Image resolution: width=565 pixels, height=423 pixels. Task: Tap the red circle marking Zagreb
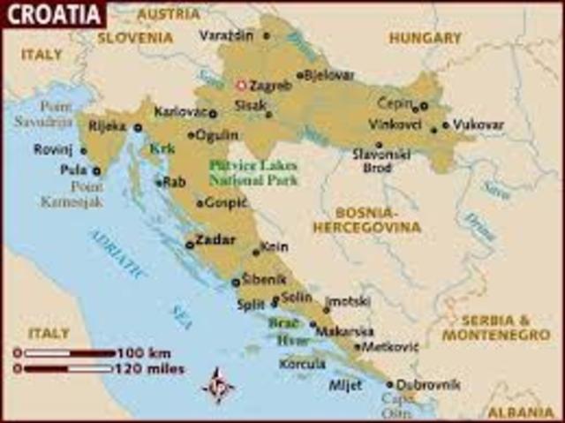click(240, 86)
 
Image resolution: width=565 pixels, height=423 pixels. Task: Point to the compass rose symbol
click(217, 386)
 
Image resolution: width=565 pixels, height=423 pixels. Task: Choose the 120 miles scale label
click(151, 368)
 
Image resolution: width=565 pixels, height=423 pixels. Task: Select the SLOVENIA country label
click(135, 38)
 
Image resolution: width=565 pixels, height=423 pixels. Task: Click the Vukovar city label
click(479, 125)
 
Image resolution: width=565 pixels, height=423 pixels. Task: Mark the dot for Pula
click(96, 170)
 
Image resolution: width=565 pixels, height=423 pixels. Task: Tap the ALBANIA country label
click(527, 412)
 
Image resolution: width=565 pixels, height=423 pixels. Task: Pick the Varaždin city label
click(226, 35)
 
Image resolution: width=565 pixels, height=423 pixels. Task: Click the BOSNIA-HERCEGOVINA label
click(379, 220)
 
